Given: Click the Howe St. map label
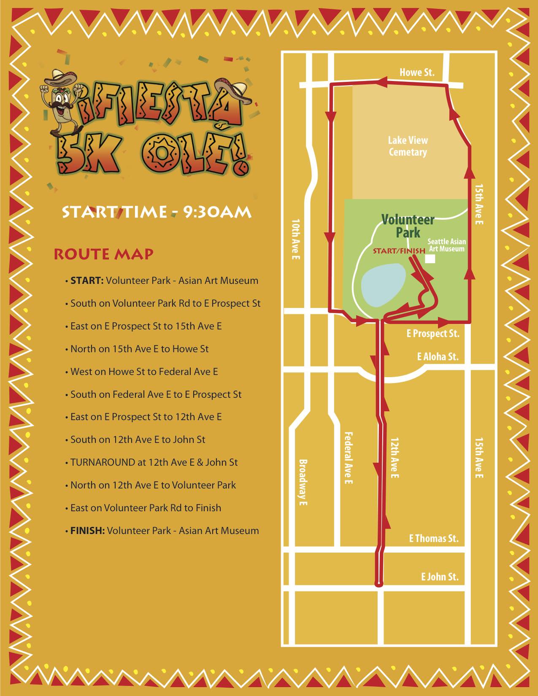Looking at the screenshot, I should (416, 73).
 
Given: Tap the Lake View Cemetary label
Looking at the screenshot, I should (408, 146).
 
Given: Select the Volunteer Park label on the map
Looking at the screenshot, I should (408, 226).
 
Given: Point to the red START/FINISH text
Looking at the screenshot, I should (398, 251).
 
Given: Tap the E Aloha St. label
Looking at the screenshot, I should (438, 357).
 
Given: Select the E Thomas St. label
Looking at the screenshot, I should (433, 539).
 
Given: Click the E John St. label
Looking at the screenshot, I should (439, 577).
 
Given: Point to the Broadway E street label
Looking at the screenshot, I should (303, 482).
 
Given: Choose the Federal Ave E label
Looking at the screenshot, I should (348, 458).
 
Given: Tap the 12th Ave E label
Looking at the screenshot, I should (394, 458).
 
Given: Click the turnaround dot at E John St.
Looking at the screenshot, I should (379, 584).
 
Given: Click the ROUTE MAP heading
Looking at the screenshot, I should (103, 254).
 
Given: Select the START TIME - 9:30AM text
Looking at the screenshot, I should (157, 212).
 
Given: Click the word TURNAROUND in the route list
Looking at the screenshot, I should (103, 462).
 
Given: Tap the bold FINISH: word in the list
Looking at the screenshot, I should (87, 531).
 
